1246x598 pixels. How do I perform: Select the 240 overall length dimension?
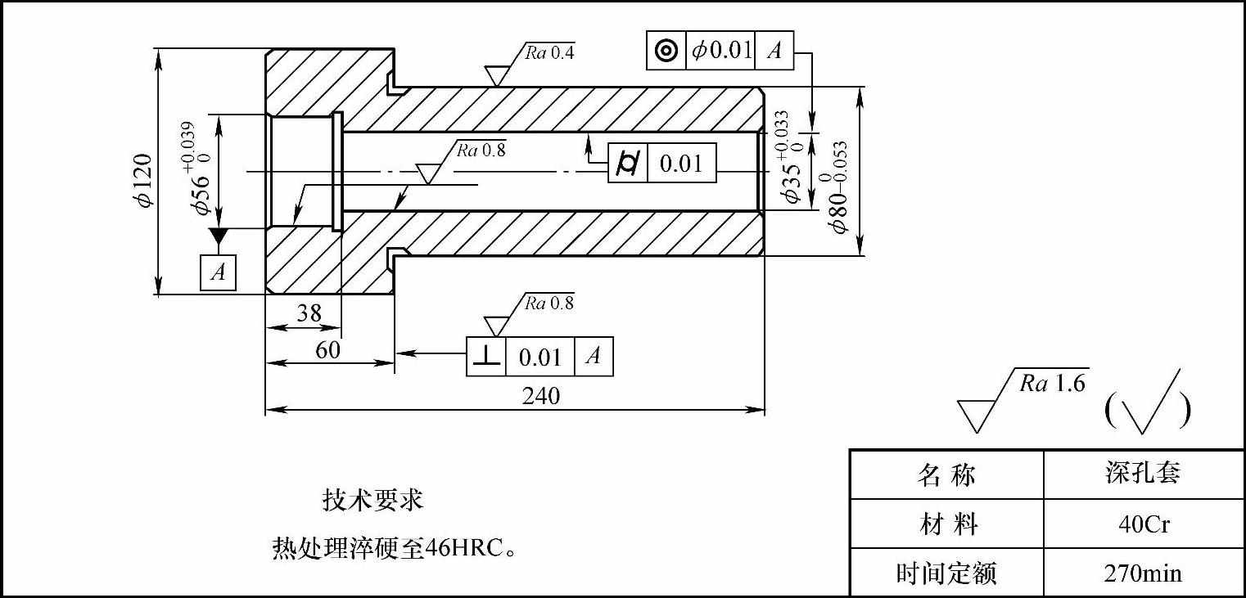541,396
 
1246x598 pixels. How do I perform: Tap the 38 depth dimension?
309,313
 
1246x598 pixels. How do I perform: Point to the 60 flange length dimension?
327,349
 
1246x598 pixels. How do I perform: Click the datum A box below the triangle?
218,272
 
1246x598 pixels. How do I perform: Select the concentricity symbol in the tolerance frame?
666,51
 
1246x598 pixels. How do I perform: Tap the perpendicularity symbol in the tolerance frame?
487,357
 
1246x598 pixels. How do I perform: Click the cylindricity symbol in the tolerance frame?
628,164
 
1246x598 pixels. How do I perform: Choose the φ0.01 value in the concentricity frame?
721,51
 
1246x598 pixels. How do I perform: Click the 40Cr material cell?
1144,524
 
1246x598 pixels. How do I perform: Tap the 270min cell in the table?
1144,573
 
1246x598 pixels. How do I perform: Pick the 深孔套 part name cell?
1144,474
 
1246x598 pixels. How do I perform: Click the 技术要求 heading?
373,500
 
